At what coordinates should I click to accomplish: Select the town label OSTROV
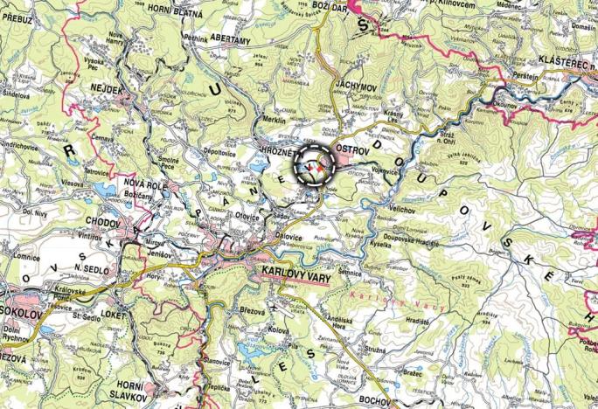pyautogui.click(x=351, y=149)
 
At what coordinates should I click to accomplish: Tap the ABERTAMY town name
pyautogui.click(x=229, y=40)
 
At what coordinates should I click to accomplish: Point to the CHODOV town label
pyautogui.click(x=103, y=225)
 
